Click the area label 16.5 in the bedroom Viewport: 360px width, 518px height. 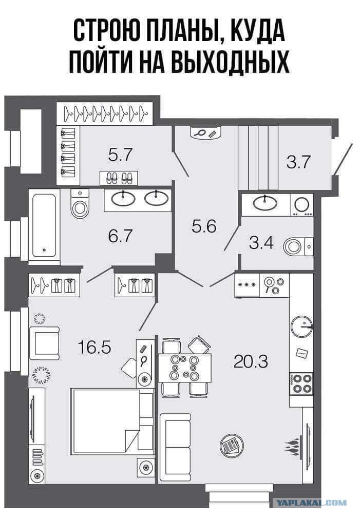click(94, 347)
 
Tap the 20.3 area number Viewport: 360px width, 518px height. click(250, 361)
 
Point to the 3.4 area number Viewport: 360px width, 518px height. click(261, 243)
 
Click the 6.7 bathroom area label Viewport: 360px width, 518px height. click(120, 236)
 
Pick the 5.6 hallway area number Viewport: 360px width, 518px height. click(204, 226)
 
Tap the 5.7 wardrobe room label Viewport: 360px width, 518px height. click(120, 155)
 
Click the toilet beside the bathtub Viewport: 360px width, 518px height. click(80, 203)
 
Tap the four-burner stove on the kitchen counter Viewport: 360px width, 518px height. click(301, 383)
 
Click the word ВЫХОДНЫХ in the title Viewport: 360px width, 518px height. click(231, 61)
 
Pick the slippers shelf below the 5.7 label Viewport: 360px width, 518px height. click(119, 178)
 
